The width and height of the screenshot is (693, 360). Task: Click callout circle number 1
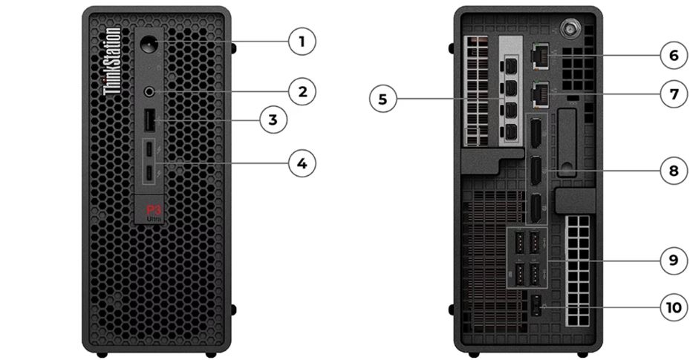click(x=302, y=42)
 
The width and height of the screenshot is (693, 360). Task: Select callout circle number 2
click(x=302, y=92)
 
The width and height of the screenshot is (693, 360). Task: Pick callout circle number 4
click(x=302, y=163)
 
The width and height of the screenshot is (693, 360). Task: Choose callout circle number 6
click(x=674, y=54)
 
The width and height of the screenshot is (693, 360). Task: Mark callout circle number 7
click(x=674, y=95)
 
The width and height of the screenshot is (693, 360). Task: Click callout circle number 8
click(x=674, y=171)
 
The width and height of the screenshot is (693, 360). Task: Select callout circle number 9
click(x=674, y=260)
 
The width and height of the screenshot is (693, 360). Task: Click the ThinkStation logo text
click(x=111, y=62)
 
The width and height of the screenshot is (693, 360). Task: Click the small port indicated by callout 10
click(x=536, y=304)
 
